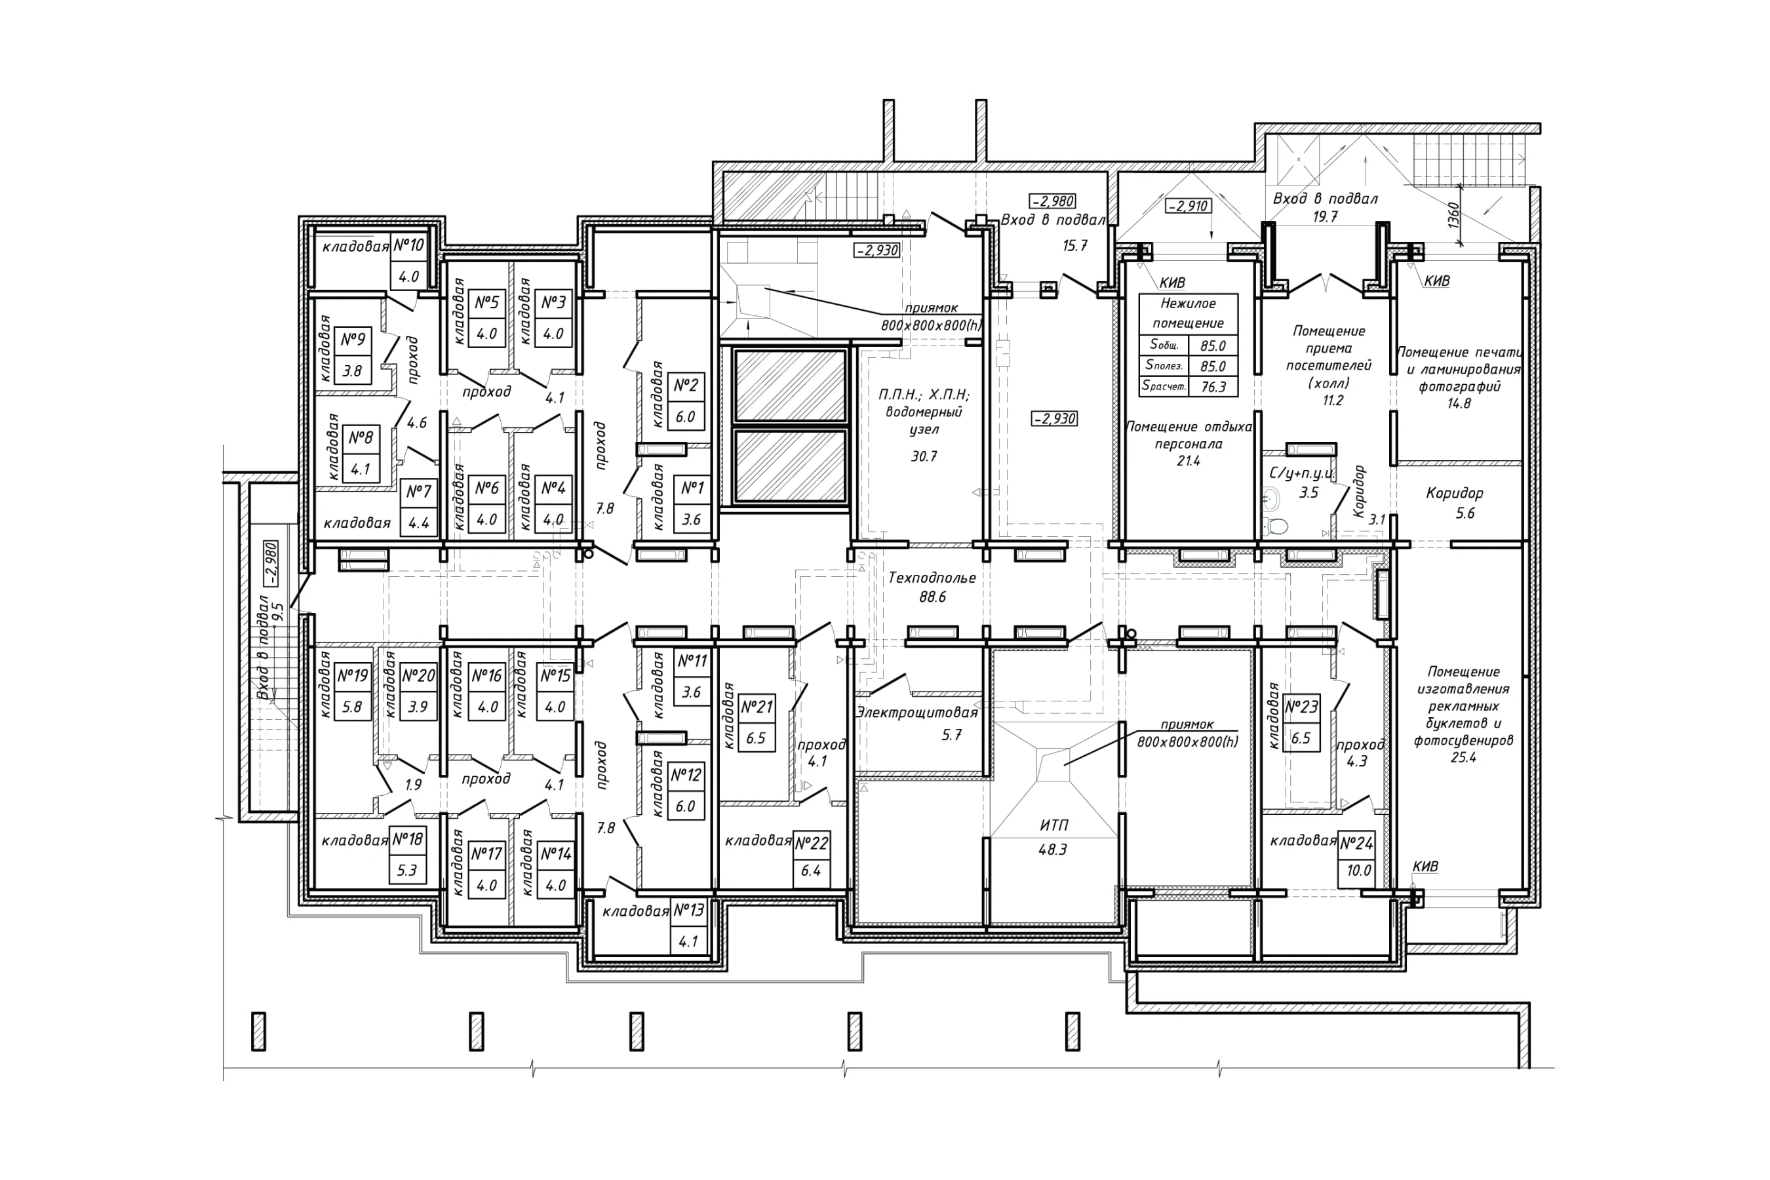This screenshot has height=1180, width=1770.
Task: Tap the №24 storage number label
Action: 1356,844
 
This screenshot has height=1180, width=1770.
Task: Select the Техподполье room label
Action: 932,578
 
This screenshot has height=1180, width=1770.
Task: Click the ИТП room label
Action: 1053,825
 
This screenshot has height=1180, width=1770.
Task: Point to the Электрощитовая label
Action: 916,713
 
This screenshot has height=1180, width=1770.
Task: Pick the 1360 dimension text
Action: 1453,215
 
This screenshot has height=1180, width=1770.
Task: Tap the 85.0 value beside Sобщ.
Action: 1213,346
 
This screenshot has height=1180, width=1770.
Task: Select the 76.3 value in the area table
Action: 1213,387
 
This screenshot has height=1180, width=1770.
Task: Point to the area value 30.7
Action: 924,456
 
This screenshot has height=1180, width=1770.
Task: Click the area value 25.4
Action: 1463,757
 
